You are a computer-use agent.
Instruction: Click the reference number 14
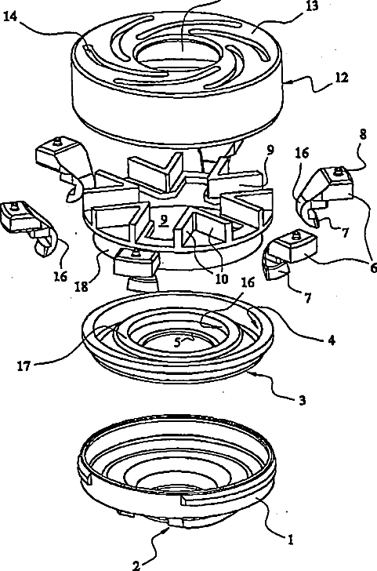10,17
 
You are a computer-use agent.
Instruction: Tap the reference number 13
311,6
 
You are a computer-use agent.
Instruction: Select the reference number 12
342,78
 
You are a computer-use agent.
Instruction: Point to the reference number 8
362,135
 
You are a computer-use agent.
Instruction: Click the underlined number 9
164,221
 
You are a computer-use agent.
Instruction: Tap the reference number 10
221,278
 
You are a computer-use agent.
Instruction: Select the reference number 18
82,287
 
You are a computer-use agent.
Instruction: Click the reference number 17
24,366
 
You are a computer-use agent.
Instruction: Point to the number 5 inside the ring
177,342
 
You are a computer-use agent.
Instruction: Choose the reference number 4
331,340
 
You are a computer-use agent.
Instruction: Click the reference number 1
290,540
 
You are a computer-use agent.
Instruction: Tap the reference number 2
136,566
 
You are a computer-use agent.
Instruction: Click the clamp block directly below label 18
137,262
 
